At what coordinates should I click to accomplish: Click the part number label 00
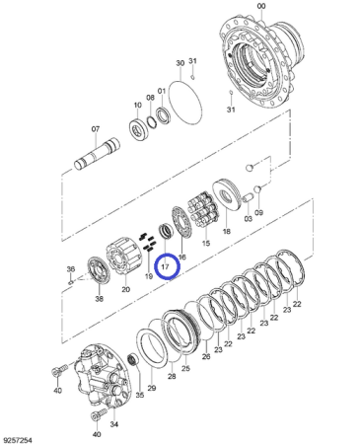(x=261, y=6)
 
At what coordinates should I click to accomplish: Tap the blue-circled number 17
(x=165, y=266)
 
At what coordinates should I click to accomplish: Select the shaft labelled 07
(x=97, y=154)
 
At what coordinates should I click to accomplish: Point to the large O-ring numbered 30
(x=185, y=102)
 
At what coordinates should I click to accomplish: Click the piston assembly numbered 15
(x=203, y=209)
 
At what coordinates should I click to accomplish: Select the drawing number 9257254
(x=18, y=440)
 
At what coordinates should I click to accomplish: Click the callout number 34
(x=113, y=424)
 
